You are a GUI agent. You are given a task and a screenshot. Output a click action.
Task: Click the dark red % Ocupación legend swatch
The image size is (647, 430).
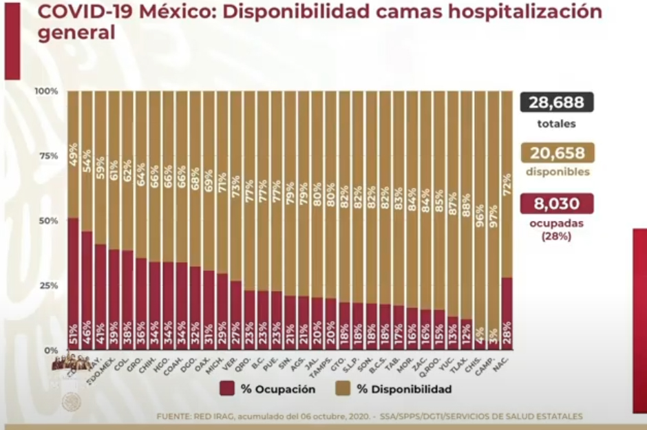[228, 389]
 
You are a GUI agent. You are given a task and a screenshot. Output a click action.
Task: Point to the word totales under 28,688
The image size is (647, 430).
[556, 125]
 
